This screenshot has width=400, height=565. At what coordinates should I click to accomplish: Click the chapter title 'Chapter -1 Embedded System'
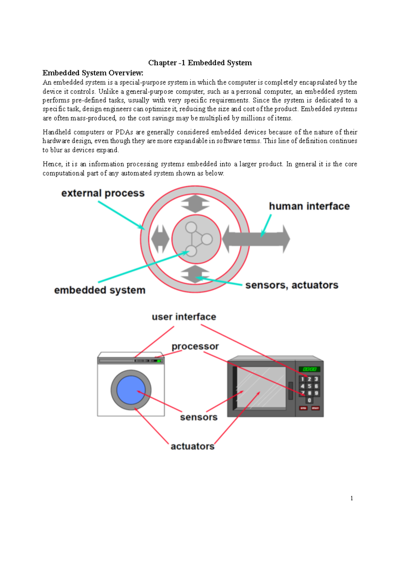click(x=200, y=63)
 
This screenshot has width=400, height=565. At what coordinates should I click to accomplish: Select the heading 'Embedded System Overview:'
click(x=93, y=73)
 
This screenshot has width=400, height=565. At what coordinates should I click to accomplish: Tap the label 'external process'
click(x=103, y=193)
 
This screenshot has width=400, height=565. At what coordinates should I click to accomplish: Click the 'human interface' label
click(x=309, y=206)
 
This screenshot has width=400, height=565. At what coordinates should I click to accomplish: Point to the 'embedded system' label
click(x=100, y=290)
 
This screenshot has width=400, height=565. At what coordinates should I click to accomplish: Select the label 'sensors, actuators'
click(x=292, y=285)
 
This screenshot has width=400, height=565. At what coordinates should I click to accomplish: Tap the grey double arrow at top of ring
click(x=195, y=204)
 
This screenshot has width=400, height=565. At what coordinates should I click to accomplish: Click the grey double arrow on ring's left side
click(x=160, y=239)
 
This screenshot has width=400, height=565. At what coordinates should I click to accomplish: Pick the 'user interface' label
click(x=184, y=317)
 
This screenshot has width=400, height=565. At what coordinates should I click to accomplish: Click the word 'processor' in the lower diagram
click(x=195, y=346)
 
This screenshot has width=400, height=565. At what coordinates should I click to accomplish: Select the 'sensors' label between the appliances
click(x=199, y=417)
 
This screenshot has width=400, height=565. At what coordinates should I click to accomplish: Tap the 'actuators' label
click(x=192, y=446)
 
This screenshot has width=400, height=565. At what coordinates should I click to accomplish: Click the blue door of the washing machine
click(x=131, y=390)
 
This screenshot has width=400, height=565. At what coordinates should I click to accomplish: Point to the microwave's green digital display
click(x=309, y=369)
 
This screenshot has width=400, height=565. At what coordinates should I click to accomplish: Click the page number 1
click(x=352, y=498)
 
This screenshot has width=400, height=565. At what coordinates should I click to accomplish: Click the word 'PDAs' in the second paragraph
click(x=124, y=132)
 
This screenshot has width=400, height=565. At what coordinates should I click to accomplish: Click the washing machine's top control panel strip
click(x=131, y=361)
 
